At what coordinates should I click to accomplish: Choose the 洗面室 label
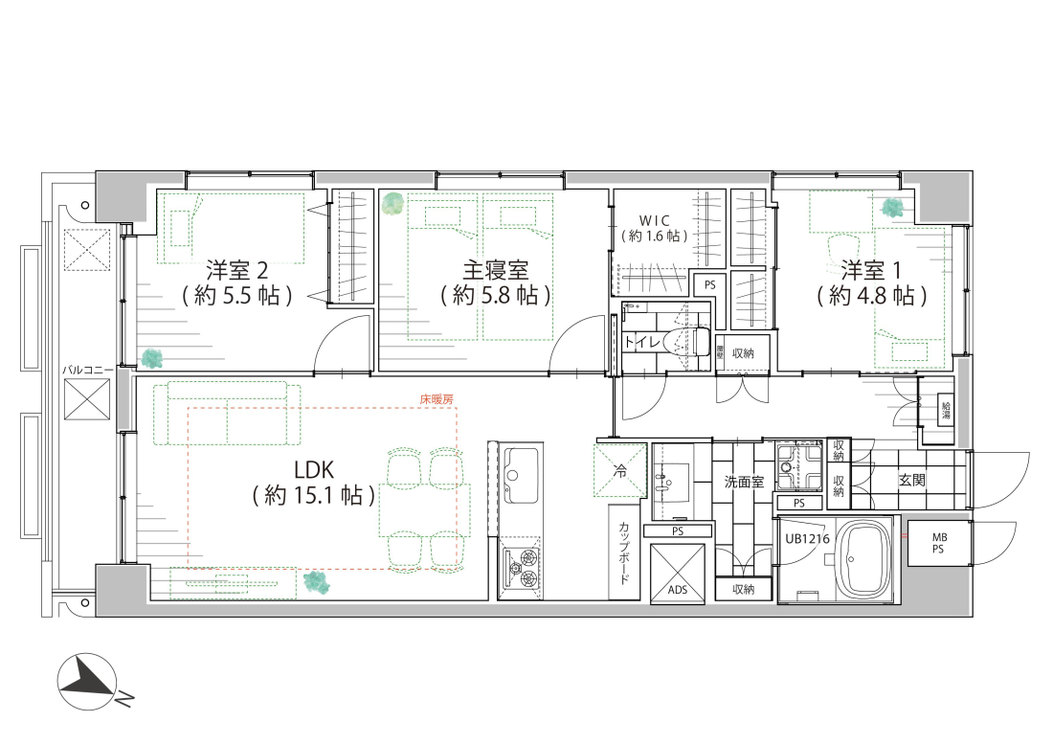(743, 482)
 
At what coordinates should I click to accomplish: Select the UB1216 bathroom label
(807, 539)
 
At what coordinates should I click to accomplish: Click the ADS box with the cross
(677, 574)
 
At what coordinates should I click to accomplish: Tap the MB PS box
(939, 545)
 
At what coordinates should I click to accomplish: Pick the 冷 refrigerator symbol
(619, 470)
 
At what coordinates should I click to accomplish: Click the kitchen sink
(523, 475)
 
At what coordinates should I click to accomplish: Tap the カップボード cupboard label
(624, 552)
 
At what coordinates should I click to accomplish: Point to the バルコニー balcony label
(88, 368)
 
